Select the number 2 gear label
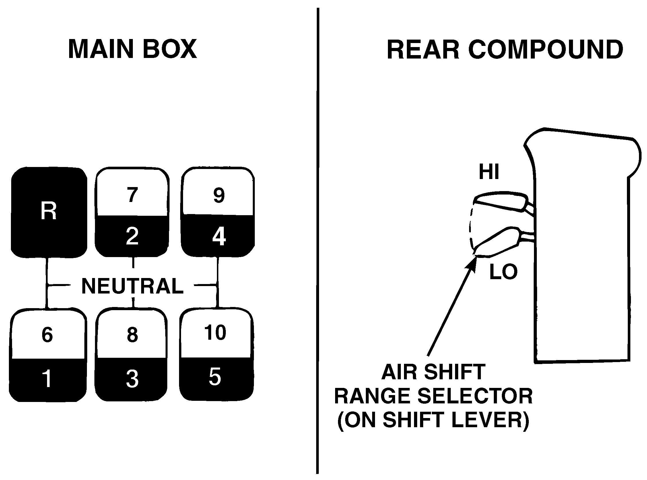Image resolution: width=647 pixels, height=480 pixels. click(x=132, y=236)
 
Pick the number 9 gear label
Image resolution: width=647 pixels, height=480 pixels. click(x=219, y=195)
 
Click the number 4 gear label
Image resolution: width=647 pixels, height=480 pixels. click(x=219, y=237)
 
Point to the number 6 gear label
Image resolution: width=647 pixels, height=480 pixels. click(x=47, y=335)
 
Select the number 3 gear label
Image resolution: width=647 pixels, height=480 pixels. click(x=132, y=379)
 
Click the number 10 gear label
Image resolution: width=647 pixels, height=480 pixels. click(x=215, y=333)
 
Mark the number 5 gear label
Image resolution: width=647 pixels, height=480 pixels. click(x=215, y=377)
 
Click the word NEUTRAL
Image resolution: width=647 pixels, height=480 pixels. click(x=133, y=286)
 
